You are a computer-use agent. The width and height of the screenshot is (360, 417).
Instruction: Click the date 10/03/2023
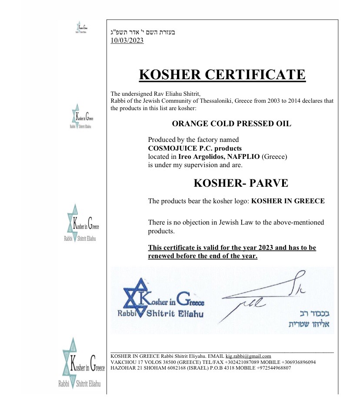point(127,40)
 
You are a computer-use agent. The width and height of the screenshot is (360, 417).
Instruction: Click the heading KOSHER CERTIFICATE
point(222,74)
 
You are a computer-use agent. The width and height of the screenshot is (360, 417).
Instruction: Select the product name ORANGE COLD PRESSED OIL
point(231,124)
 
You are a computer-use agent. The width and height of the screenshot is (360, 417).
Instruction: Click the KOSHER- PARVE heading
point(240,183)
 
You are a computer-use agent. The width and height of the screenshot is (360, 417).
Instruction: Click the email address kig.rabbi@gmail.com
point(248,356)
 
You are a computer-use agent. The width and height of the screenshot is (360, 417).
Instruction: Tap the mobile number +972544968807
point(272,368)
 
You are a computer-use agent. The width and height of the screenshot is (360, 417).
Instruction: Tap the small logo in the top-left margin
point(81,27)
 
